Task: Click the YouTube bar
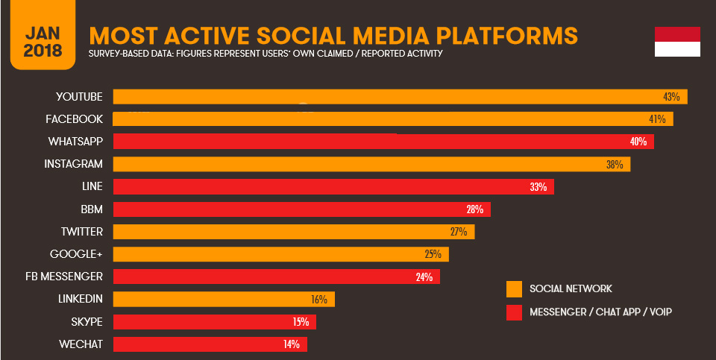(400, 97)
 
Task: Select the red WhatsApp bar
(383, 142)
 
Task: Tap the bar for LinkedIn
(224, 300)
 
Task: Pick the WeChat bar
(210, 344)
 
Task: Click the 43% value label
(671, 97)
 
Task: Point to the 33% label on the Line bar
(538, 186)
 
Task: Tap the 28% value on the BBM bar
(475, 209)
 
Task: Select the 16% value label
(319, 300)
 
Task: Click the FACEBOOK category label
(74, 119)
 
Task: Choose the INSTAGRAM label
(74, 164)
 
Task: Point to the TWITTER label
(82, 232)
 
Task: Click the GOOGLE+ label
(76, 254)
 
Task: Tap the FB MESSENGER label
(64, 277)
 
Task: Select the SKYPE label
(87, 322)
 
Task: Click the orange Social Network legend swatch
(514, 289)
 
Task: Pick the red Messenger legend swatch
(514, 312)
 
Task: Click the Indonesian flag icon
(677, 42)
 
